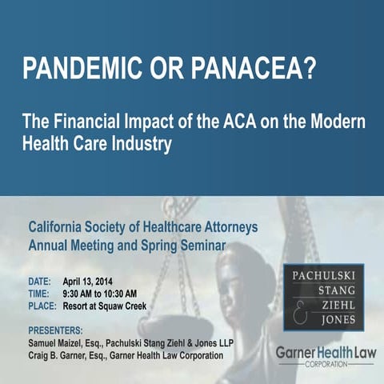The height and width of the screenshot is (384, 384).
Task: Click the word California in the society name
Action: (x=62, y=226)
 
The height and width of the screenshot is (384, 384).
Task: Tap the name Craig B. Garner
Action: (x=63, y=354)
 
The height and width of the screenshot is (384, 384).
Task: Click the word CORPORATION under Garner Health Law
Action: (x=324, y=364)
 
